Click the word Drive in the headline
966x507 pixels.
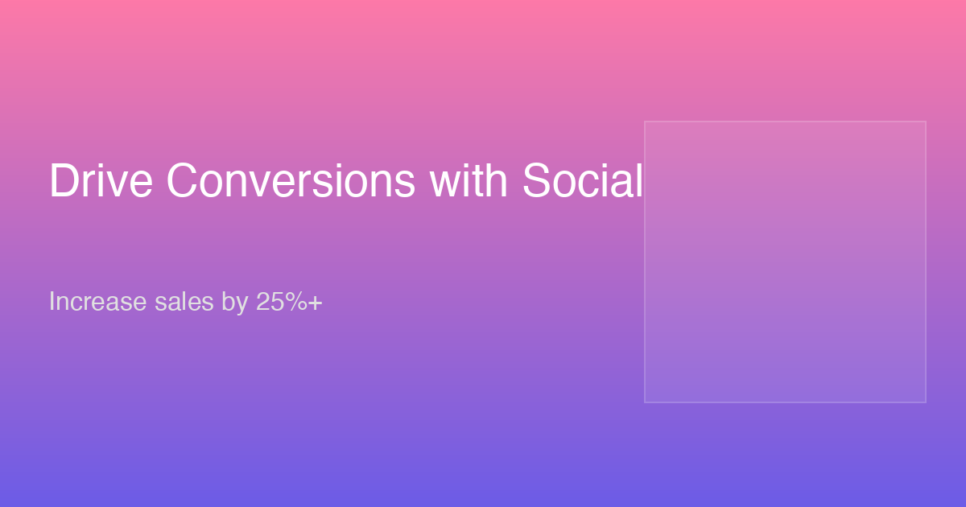[x=101, y=180]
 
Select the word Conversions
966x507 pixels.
[x=291, y=180]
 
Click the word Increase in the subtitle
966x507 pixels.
[x=98, y=301]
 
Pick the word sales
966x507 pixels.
[x=184, y=301]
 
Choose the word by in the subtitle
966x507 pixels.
[x=235, y=303]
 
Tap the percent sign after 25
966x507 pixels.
[x=296, y=301]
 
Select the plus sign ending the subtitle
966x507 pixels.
[x=316, y=303]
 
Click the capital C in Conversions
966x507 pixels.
[x=183, y=180]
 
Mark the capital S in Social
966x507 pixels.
[x=538, y=180]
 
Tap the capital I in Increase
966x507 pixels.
[x=52, y=301]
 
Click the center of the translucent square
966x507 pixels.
[x=786, y=262]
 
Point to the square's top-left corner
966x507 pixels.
[x=645, y=122]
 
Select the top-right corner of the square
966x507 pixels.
[x=926, y=122]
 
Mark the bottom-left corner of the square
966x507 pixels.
[x=645, y=402]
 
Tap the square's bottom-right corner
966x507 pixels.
[x=926, y=402]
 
